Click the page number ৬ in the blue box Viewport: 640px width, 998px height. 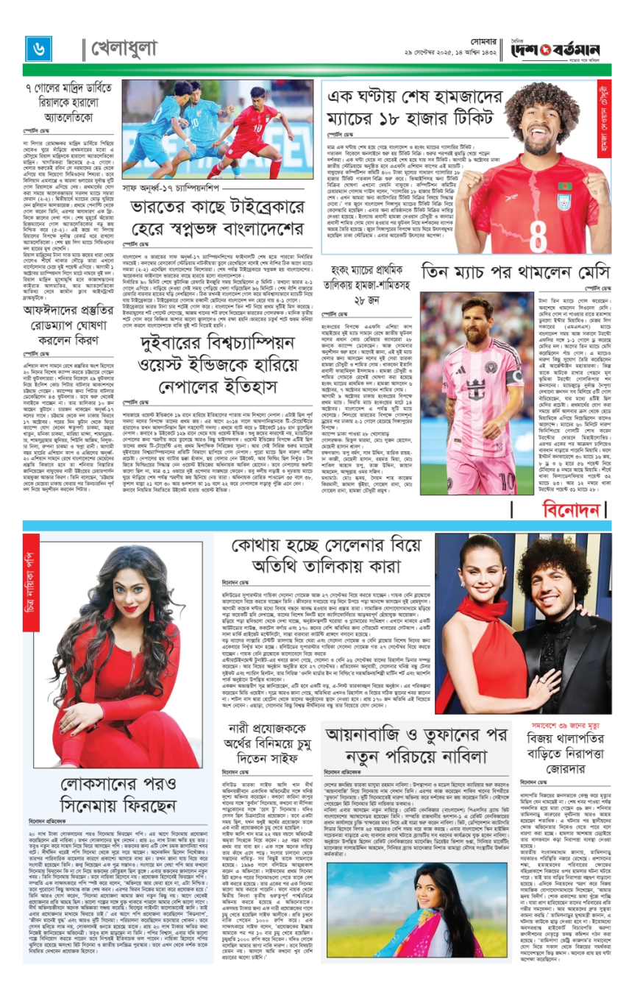coord(37,48)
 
